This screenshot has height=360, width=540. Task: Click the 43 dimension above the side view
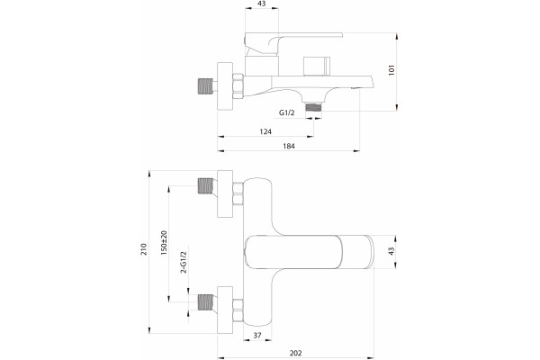(x=261, y=4)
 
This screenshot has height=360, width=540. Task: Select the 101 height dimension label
(x=391, y=69)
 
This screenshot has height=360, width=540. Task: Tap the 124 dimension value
(x=265, y=131)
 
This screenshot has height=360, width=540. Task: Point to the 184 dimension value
(x=289, y=146)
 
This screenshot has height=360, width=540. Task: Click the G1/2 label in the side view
(x=286, y=112)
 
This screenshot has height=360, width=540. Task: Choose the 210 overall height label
(x=144, y=248)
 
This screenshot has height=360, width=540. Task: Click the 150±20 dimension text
(x=164, y=242)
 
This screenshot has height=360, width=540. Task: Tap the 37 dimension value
(x=257, y=335)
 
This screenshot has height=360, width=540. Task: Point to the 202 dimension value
(x=295, y=353)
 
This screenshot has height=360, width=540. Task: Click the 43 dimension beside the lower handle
(x=391, y=251)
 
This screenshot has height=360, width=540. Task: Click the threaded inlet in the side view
(x=205, y=86)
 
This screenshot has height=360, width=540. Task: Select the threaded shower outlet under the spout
(x=313, y=107)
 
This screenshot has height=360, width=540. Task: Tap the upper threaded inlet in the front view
(x=206, y=185)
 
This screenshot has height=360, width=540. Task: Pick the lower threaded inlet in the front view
(x=206, y=302)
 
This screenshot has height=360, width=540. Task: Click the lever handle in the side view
(x=293, y=43)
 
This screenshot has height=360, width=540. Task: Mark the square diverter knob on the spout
(x=315, y=66)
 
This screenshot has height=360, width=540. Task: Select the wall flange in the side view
(x=225, y=86)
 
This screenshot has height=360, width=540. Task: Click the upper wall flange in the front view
(x=225, y=193)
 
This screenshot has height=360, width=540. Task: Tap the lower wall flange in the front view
(x=225, y=310)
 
